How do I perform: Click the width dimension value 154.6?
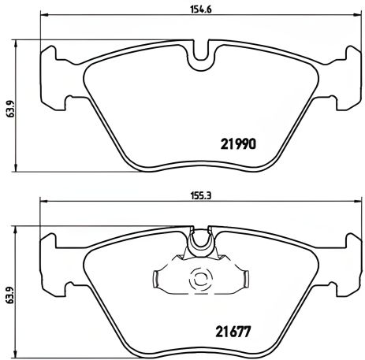click(x=194, y=9)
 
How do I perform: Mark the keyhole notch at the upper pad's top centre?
click(x=198, y=54)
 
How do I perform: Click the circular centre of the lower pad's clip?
click(x=198, y=278)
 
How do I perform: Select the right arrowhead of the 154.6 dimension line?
click(x=352, y=17)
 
